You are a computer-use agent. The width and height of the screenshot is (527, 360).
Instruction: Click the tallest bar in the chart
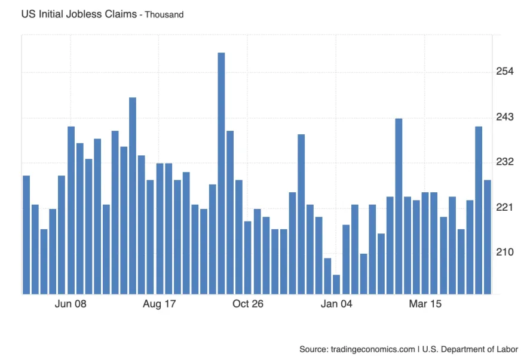[221, 173]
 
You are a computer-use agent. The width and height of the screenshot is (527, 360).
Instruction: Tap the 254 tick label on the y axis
[505, 72]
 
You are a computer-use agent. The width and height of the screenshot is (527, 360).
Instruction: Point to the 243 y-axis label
[505, 117]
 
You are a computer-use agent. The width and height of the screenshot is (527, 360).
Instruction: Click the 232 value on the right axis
[505, 162]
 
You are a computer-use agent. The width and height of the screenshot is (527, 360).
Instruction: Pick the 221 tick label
[505, 207]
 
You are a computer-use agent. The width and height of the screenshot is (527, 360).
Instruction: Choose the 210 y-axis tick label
[505, 252]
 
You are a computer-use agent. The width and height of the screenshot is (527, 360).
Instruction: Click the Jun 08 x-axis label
[71, 304]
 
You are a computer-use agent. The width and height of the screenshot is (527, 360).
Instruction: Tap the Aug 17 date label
[160, 304]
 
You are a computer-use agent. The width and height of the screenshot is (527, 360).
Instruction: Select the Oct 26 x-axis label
[248, 304]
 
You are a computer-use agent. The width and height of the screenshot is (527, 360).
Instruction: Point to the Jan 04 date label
[336, 304]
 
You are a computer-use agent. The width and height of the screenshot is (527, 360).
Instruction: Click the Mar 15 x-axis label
[425, 304]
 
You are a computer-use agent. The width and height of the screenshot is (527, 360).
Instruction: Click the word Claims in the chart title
[118, 14]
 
